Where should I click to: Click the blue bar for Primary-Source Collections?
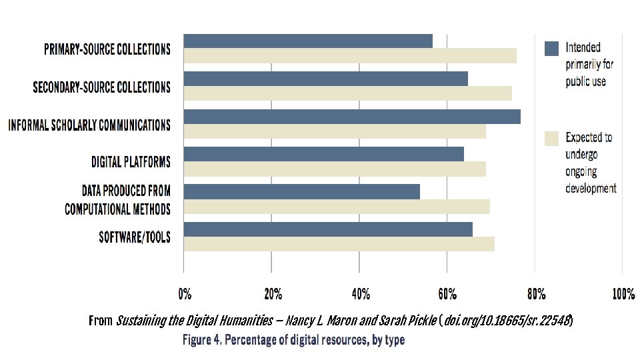click(x=308, y=41)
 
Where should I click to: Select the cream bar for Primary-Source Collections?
click(x=350, y=56)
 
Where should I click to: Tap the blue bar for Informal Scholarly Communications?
click(x=352, y=117)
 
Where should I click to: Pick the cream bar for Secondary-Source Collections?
click(x=347, y=93)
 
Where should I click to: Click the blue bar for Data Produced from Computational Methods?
click(x=301, y=192)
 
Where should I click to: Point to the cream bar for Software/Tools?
click(x=339, y=244)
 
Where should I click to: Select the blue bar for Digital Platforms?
click(x=323, y=154)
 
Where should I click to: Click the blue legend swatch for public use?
click(x=551, y=48)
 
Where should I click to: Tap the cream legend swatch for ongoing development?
click(x=551, y=138)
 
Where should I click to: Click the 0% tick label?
click(x=184, y=294)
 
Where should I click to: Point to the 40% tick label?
click(x=359, y=294)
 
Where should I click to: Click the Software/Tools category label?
click(x=135, y=237)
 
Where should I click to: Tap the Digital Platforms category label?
click(x=131, y=162)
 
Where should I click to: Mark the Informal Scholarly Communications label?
click(x=89, y=125)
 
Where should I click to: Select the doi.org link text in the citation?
click(x=507, y=321)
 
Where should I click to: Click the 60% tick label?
click(x=447, y=294)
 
